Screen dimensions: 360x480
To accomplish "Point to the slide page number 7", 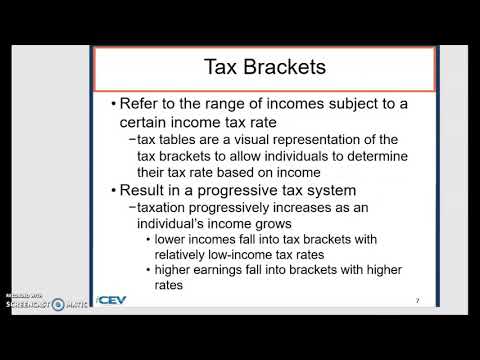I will pyautogui.click(x=416, y=300).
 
